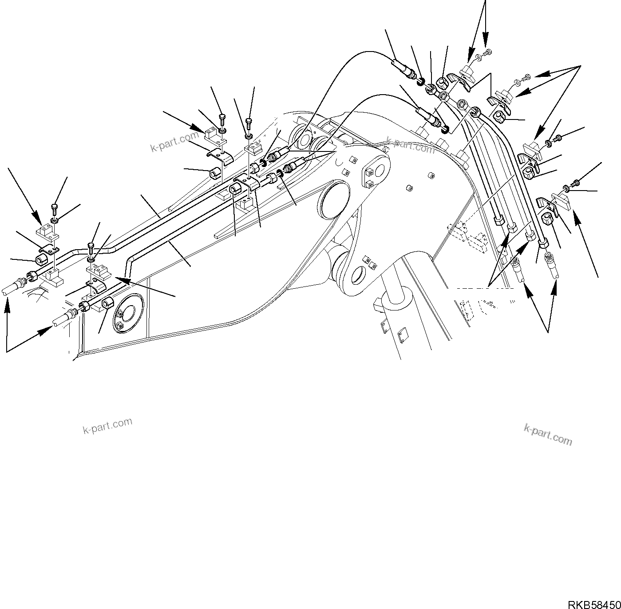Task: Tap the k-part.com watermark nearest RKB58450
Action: coord(548,434)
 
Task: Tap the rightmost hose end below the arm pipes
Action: coord(553,269)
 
